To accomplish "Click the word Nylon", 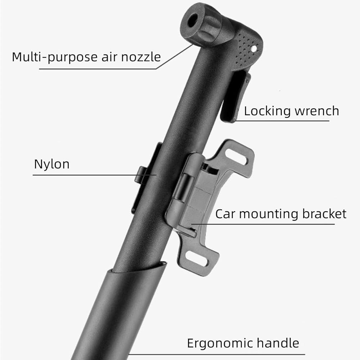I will (51, 164).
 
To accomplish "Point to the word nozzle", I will (141, 57).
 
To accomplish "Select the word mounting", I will (269, 214).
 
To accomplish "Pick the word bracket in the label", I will (324, 213).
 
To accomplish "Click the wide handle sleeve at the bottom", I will (119, 313).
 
